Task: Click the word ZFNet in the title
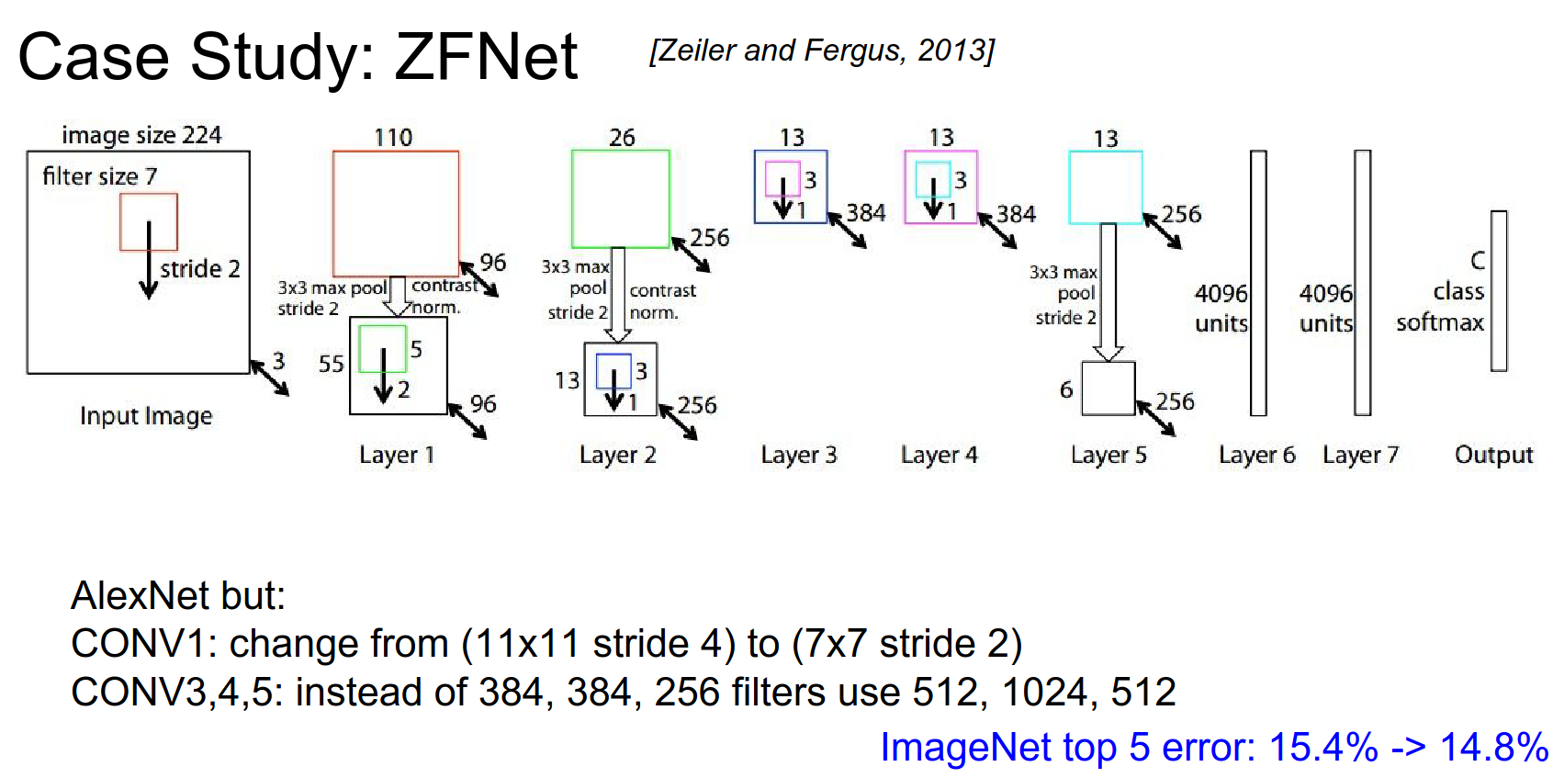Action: tap(486, 57)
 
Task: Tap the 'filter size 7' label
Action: tap(99, 175)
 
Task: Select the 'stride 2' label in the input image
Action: tap(199, 268)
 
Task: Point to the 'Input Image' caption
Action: tap(146, 416)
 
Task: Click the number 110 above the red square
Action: tap(393, 138)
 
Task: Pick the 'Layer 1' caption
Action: tap(396, 455)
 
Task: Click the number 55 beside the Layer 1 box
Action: tap(331, 364)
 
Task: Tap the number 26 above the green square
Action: tap(622, 138)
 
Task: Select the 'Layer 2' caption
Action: tap(617, 455)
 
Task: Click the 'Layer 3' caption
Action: tap(798, 455)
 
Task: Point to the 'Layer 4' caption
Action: tap(939, 455)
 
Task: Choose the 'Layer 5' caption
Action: tap(1108, 455)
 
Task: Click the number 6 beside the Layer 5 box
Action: tap(1065, 389)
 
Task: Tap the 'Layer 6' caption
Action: tap(1256, 455)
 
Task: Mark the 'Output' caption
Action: tap(1493, 455)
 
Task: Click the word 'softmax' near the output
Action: tap(1439, 322)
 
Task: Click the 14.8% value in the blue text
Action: tap(1494, 747)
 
